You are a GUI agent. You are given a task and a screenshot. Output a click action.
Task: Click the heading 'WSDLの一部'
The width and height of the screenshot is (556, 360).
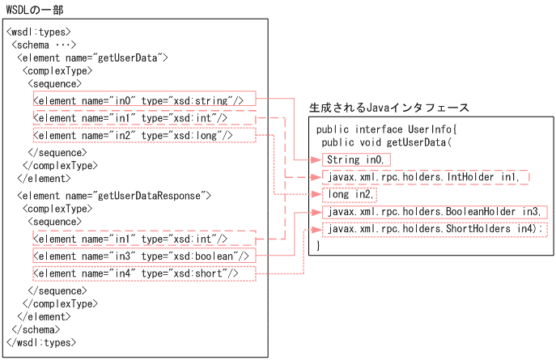coord(34,10)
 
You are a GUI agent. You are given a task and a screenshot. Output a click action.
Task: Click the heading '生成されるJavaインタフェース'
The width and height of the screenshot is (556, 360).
coord(388,108)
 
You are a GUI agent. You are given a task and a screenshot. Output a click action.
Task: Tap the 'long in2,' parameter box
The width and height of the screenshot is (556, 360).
coord(350,195)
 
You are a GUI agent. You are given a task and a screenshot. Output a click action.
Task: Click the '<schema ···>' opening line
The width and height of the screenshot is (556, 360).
coord(45,44)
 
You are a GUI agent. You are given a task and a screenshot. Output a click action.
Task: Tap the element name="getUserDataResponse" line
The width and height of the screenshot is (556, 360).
coord(113,196)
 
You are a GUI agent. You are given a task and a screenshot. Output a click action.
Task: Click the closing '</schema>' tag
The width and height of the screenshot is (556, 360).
coord(36,329)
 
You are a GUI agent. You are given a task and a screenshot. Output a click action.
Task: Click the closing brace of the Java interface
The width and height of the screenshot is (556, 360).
coord(319,244)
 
